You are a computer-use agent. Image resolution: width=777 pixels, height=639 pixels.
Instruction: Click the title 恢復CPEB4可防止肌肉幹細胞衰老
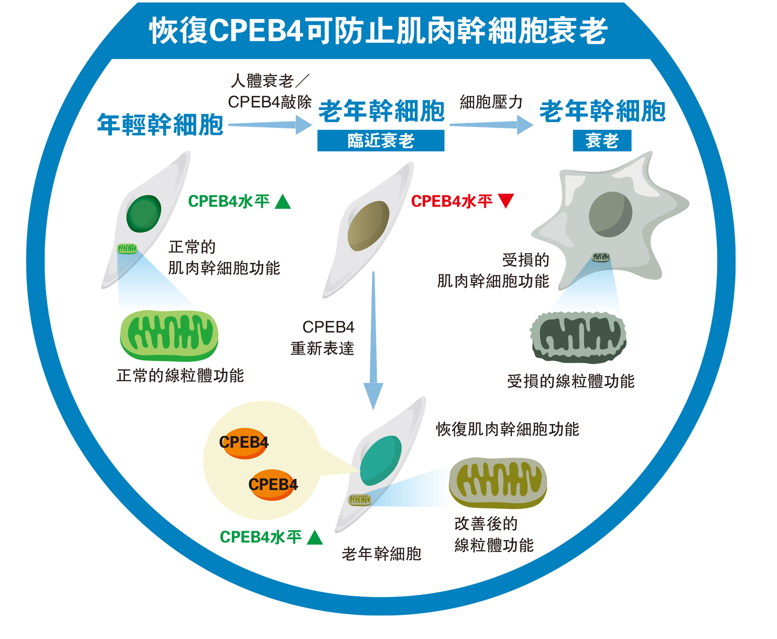[x=378, y=31]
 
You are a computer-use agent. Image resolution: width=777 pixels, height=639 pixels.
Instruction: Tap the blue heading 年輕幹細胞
[x=160, y=125]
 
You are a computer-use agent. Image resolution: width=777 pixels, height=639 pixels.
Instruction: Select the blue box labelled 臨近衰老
[x=381, y=140]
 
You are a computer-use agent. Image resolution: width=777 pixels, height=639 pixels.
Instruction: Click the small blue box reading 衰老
[x=602, y=140]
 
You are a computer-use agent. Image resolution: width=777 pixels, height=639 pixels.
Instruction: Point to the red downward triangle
[x=506, y=200]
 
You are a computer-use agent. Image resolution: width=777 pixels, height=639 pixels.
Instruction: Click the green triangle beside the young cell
[x=283, y=201]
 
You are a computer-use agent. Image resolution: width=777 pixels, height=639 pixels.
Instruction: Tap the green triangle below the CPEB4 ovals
[x=314, y=538]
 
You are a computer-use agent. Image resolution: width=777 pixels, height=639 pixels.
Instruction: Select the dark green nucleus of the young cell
[x=143, y=213]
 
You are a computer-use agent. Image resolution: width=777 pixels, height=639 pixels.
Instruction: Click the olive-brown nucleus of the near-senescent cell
[x=368, y=225]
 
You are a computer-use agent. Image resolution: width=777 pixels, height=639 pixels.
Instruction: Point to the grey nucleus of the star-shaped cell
[x=610, y=214]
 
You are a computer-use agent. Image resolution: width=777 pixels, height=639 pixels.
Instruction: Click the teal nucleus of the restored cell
[x=381, y=460]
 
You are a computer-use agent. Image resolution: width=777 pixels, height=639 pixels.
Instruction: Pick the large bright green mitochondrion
[x=169, y=336]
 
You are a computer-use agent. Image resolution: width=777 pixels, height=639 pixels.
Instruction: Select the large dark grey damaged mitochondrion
[x=579, y=338]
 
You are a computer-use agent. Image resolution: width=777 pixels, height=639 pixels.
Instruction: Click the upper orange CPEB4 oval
[x=244, y=443]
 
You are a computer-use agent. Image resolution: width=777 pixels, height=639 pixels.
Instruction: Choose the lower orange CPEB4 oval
[x=273, y=485]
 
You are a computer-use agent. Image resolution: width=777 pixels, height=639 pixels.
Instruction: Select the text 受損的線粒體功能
[x=570, y=382]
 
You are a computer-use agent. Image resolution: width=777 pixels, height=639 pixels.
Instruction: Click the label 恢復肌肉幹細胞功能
[x=507, y=429]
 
